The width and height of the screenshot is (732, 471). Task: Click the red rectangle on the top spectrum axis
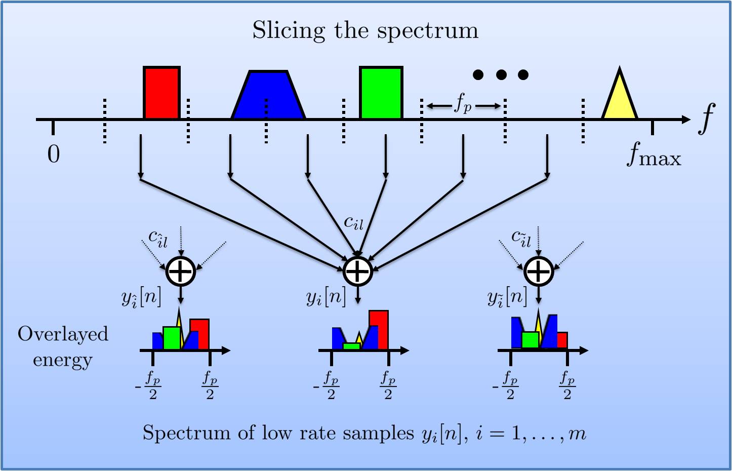click(x=161, y=93)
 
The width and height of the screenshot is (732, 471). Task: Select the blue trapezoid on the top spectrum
click(x=268, y=96)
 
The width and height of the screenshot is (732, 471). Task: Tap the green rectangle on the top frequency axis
click(x=381, y=93)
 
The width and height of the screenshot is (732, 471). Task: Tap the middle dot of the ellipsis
click(x=501, y=75)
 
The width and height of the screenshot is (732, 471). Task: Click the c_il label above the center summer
click(x=353, y=222)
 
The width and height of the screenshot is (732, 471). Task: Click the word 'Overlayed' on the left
click(x=63, y=334)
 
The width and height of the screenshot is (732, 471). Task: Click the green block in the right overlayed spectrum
click(x=530, y=340)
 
